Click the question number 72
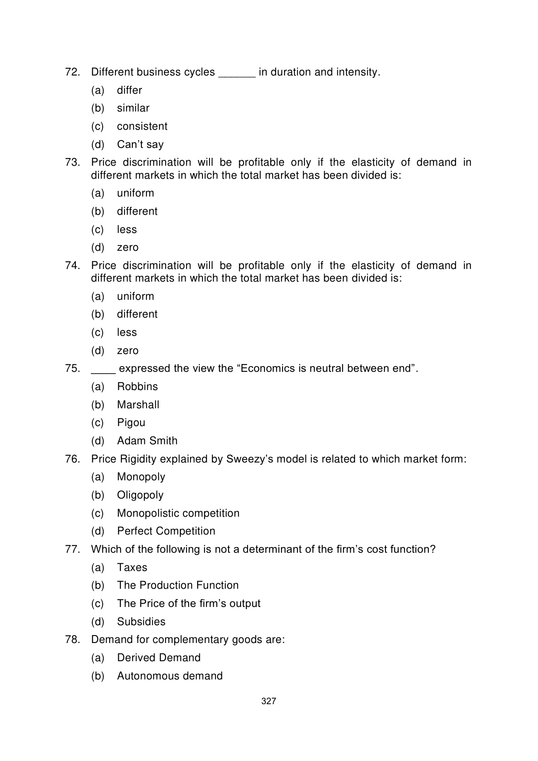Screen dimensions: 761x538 click(72, 72)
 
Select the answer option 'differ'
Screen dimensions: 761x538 click(129, 90)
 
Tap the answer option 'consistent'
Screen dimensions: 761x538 click(142, 126)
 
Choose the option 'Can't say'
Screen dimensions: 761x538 click(140, 144)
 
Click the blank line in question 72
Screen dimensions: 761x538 click(237, 75)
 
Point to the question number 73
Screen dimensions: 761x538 click(72, 162)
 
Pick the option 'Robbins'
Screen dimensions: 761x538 click(137, 387)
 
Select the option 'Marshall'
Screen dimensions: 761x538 click(138, 405)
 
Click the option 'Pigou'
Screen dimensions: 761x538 click(131, 423)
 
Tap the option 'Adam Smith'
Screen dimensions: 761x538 click(147, 441)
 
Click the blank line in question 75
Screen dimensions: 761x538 click(103, 372)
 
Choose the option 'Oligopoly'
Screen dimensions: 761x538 click(140, 495)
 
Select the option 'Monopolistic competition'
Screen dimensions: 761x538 click(178, 513)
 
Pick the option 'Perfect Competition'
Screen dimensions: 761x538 click(166, 531)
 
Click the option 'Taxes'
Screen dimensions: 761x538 click(132, 567)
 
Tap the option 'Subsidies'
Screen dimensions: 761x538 click(141, 622)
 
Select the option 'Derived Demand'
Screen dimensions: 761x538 click(159, 658)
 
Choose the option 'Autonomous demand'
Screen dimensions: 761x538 click(170, 676)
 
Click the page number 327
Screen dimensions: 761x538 click(269, 701)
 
